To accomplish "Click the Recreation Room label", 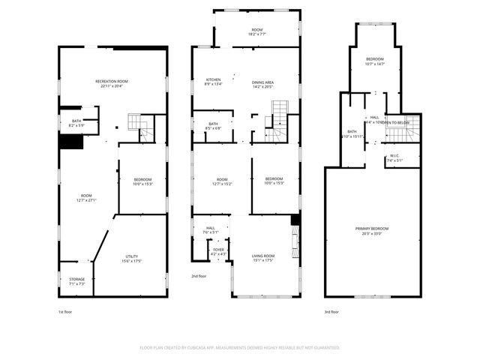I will [112, 80].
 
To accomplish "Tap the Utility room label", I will [132, 256].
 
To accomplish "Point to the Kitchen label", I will [213, 80].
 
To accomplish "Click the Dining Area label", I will [262, 82].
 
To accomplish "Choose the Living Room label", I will [262, 256].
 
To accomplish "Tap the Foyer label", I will [218, 250].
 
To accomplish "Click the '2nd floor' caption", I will [199, 276].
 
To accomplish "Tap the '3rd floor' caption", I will [331, 311].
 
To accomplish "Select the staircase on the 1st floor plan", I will [136, 121].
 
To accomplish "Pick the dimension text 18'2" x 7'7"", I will [257, 34].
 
